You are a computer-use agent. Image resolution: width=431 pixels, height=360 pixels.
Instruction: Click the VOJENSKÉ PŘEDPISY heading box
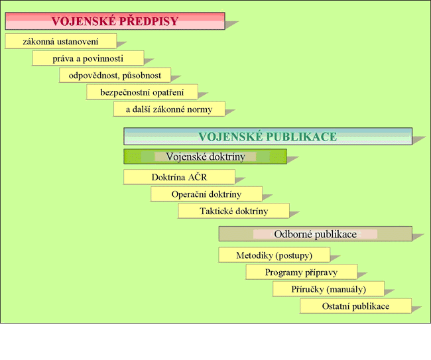[115, 21]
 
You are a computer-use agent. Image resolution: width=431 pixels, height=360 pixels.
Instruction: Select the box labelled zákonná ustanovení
[60, 41]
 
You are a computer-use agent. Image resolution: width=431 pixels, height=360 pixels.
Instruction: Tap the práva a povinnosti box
[88, 58]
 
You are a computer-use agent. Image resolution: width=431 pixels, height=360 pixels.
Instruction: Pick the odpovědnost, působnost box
[115, 75]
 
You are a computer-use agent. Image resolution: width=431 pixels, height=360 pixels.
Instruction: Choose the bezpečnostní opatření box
[142, 91]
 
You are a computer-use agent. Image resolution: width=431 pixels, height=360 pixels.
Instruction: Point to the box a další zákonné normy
[169, 109]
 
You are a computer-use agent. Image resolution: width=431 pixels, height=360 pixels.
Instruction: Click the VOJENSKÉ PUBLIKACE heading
[268, 137]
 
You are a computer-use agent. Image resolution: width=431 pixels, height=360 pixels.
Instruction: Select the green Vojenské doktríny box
[205, 157]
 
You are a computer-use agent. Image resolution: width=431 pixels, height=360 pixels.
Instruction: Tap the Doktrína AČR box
[179, 177]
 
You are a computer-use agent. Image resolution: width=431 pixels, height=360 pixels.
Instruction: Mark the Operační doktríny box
[206, 194]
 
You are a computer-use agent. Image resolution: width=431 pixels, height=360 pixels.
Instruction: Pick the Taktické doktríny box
[233, 211]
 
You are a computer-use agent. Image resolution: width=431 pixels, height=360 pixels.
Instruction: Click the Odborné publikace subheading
[315, 234]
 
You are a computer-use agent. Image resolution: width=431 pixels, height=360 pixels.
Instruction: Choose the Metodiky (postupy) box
[274, 255]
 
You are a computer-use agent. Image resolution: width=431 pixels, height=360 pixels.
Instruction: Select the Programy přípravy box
[301, 272]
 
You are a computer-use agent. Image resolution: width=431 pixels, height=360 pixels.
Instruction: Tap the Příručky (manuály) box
[328, 288]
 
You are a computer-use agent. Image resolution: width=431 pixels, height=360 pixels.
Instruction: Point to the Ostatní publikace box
[355, 306]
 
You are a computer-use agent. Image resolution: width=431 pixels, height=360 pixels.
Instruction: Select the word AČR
[196, 177]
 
